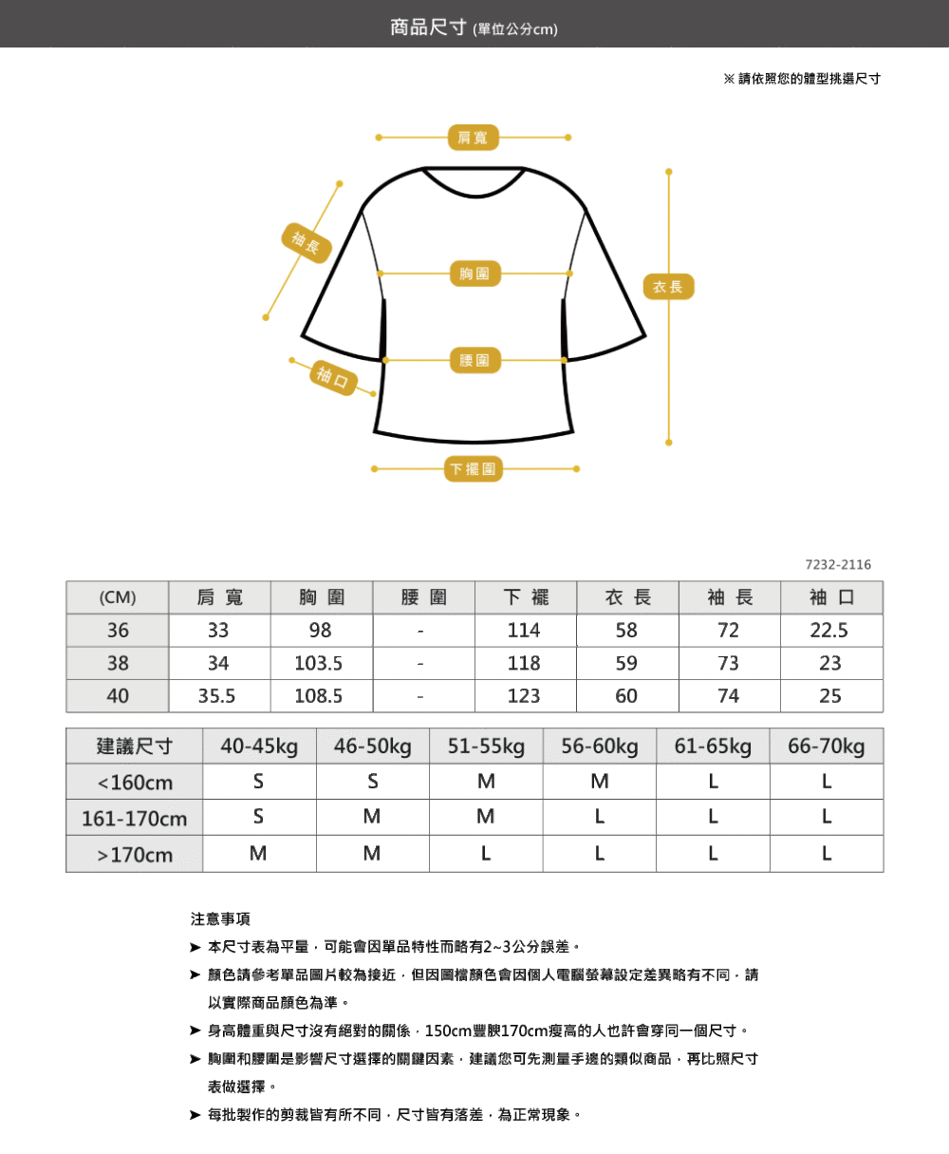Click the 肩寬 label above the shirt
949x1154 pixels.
pyautogui.click(x=473, y=138)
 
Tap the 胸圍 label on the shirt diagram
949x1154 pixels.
pyautogui.click(x=474, y=273)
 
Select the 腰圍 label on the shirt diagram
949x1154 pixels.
pyautogui.click(x=474, y=360)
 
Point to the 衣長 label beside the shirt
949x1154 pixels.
pyautogui.click(x=668, y=286)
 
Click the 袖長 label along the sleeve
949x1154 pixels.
pyautogui.click(x=307, y=243)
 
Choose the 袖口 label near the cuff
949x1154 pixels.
pyautogui.click(x=333, y=378)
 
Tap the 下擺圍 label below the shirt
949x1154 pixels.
pyautogui.click(x=473, y=469)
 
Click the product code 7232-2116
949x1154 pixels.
pyautogui.click(x=838, y=565)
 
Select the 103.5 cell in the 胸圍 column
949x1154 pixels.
pyautogui.click(x=318, y=663)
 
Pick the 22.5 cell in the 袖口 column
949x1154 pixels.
pyautogui.click(x=828, y=631)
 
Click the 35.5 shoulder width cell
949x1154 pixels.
pyautogui.click(x=216, y=696)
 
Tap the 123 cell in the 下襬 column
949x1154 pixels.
pyautogui.click(x=524, y=696)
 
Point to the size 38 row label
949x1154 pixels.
pyautogui.click(x=118, y=663)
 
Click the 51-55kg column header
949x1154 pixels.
pyautogui.click(x=486, y=747)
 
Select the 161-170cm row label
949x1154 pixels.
pyautogui.click(x=135, y=819)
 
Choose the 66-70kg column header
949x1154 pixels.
pyautogui.click(x=826, y=747)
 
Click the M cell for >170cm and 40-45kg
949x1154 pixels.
pyautogui.click(x=258, y=853)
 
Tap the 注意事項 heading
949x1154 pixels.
pyautogui.click(x=220, y=919)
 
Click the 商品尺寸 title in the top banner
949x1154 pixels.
pyautogui.click(x=428, y=27)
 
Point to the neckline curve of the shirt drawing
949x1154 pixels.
pyautogui.click(x=474, y=195)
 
